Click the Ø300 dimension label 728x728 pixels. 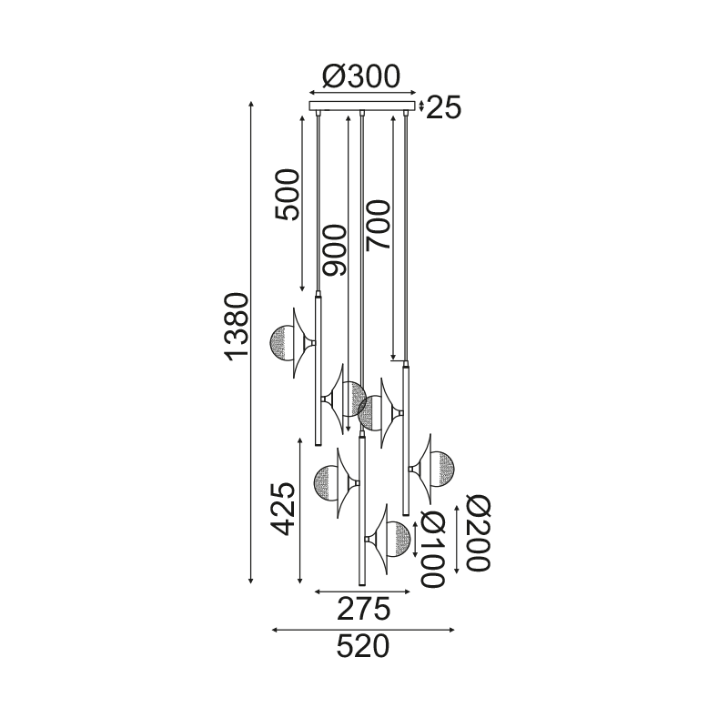click(x=361, y=76)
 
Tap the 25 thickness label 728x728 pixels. click(x=443, y=107)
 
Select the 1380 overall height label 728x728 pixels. click(x=237, y=327)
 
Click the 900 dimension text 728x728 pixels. click(x=334, y=250)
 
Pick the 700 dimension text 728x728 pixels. click(x=377, y=226)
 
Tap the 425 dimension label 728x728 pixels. click(x=283, y=510)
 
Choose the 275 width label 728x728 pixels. click(x=363, y=609)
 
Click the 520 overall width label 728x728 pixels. click(x=362, y=647)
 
